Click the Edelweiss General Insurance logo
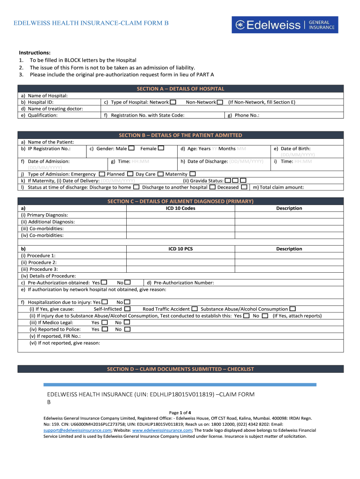coord(285,25)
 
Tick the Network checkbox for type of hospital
coord(173,102)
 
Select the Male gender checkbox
coord(131,148)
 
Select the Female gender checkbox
coord(161,148)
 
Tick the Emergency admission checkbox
coord(102,174)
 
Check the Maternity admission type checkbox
coord(193,174)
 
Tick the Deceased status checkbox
coord(244,187)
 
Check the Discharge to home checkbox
coord(136,187)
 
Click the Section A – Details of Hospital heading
coord(180,88)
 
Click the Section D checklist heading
coord(180,369)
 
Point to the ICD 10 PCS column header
coord(180,249)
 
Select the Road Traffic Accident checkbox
coord(194,309)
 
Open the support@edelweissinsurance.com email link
coord(77,430)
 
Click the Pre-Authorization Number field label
coord(180,283)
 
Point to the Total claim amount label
coord(278,187)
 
